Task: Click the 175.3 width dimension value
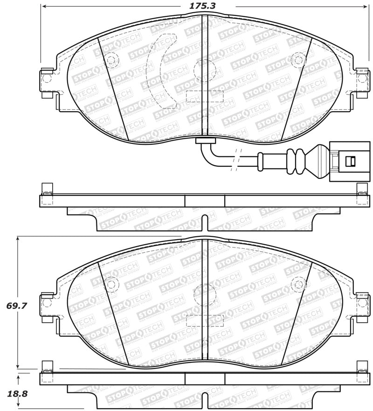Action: (x=205, y=6)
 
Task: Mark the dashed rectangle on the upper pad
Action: (x=205, y=96)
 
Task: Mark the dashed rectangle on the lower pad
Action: (x=205, y=320)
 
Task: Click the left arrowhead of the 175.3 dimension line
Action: (x=44, y=7)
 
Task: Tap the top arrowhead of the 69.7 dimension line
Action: (x=18, y=239)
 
